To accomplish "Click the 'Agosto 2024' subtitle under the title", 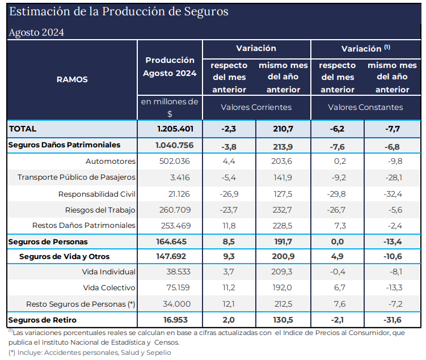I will pyautogui.click(x=36, y=32).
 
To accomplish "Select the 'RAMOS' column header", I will pyautogui.click(x=72, y=79).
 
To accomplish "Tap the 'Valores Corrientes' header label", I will pyautogui.click(x=256, y=107).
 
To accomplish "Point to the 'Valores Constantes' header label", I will pyautogui.click(x=365, y=107).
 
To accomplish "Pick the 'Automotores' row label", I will pyautogui.click(x=111, y=161).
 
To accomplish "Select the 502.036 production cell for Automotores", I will pyautogui.click(x=178, y=161).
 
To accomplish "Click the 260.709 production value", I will pyautogui.click(x=178, y=210).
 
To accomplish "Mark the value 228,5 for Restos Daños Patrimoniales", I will pyautogui.click(x=283, y=226).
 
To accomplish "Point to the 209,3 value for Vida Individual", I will pyautogui.click(x=282, y=272).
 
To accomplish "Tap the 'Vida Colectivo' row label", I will pyautogui.click(x=109, y=288).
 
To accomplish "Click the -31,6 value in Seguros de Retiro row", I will pyautogui.click(x=393, y=320).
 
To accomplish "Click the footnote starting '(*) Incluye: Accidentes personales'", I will pyautogui.click(x=89, y=352).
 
